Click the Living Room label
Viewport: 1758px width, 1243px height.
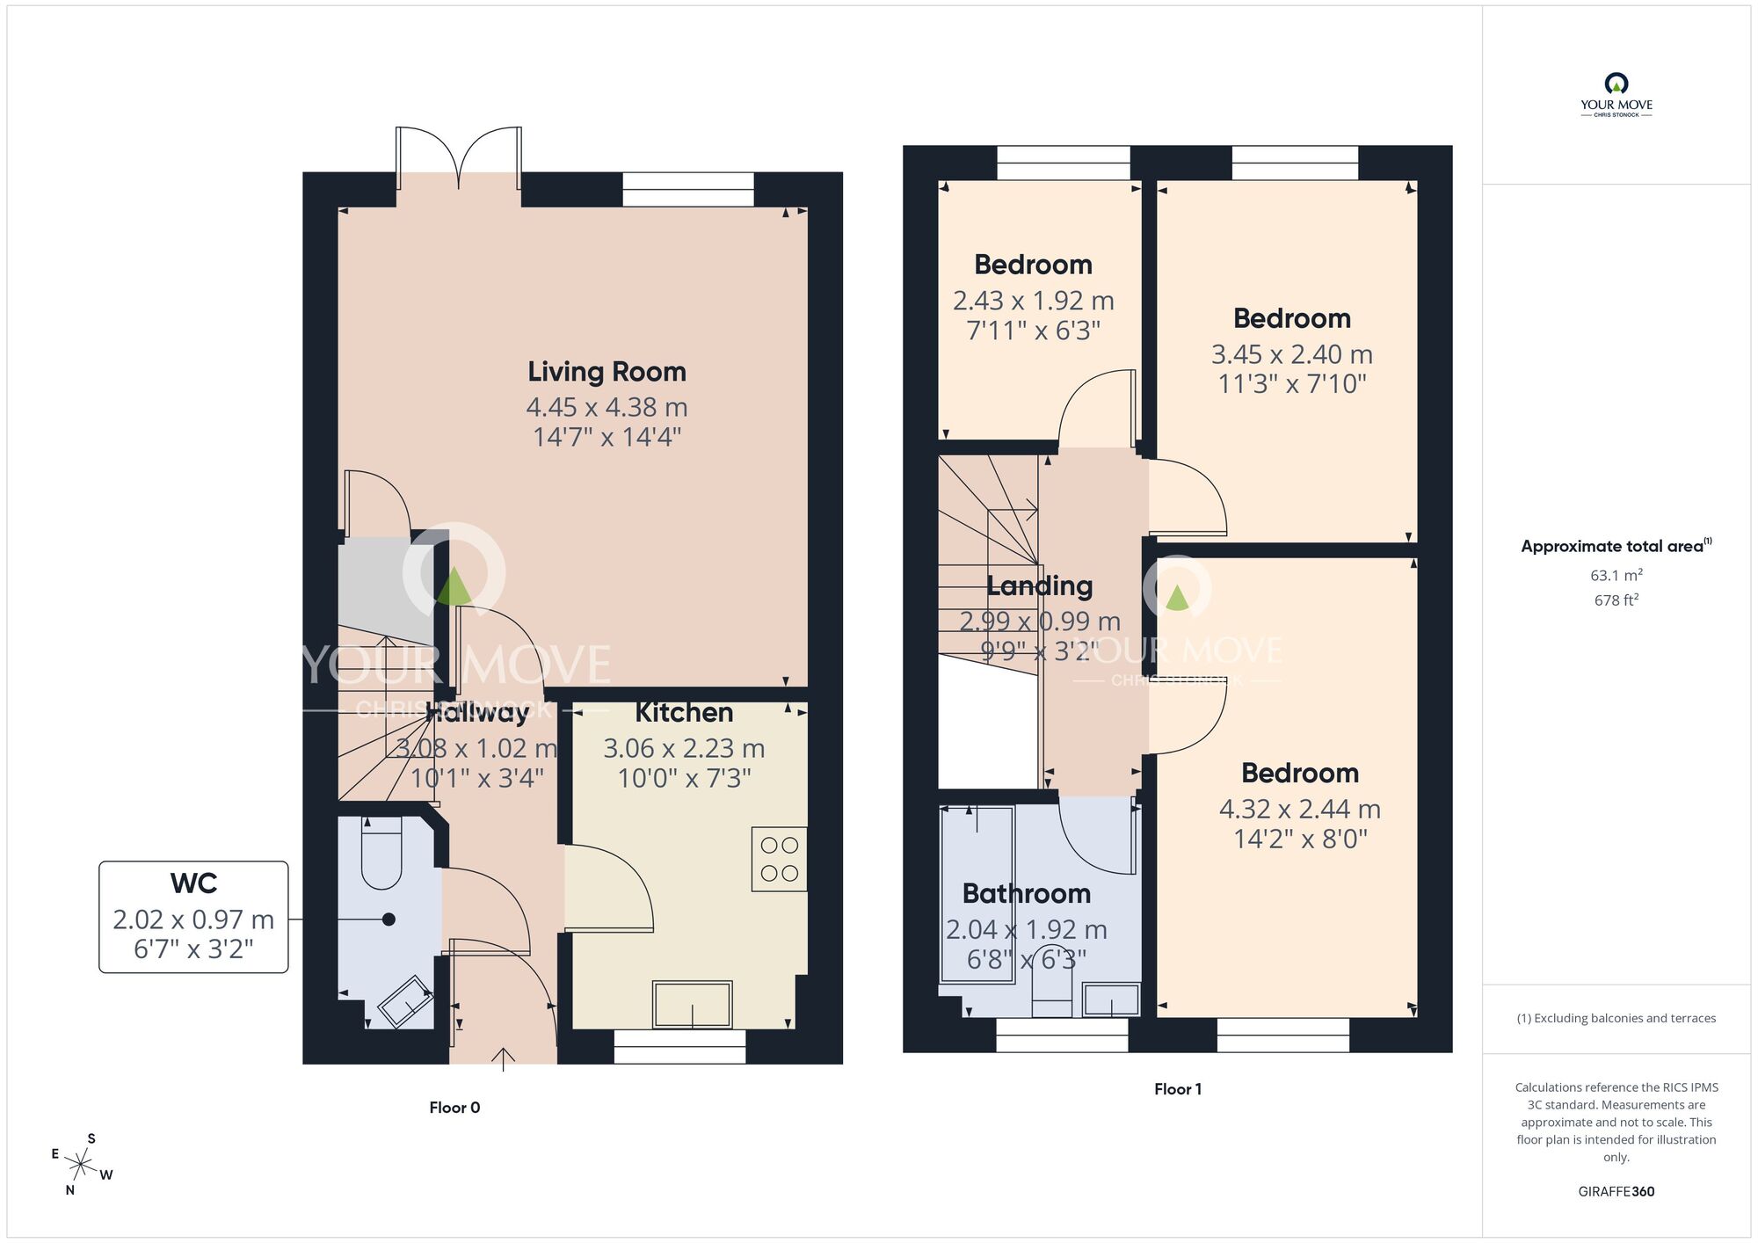[607, 372]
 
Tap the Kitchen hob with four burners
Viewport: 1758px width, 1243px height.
[779, 860]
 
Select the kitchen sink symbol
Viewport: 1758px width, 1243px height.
[692, 1005]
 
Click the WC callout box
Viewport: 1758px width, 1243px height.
[193, 917]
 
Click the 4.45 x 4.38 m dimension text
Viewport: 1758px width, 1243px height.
[607, 407]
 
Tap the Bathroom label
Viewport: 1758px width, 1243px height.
[1027, 894]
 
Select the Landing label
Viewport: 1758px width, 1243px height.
[1039, 585]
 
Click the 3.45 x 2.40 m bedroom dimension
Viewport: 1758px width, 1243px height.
[1291, 354]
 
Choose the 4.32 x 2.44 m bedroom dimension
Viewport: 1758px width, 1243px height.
[1299, 809]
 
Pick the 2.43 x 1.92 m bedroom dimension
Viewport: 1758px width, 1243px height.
[1033, 301]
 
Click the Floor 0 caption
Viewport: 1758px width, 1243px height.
[454, 1108]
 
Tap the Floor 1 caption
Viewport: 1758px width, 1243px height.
[1177, 1089]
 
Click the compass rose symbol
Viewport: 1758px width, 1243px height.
[81, 1166]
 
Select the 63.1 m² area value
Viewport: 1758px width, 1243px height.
[1616, 576]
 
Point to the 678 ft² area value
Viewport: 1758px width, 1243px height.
[1616, 600]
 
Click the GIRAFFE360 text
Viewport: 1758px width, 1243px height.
[1616, 1192]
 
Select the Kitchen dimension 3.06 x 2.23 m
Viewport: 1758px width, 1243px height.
[684, 748]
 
